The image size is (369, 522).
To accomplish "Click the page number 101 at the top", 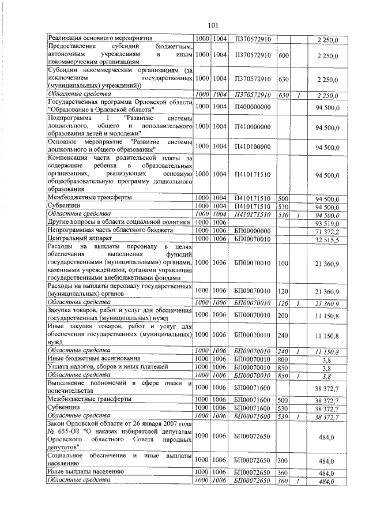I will pos(212,25).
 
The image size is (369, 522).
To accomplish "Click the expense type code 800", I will pos(283,359).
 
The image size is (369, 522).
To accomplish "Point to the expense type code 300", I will pos(283,462).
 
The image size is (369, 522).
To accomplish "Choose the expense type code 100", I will pos(283,262).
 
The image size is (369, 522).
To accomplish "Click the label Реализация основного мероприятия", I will pos(89,39).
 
